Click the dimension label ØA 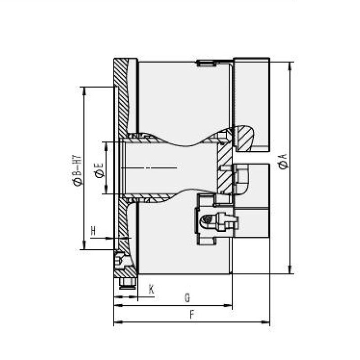pos(283,161)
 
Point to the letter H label pos(93,231)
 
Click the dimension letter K pos(152,289)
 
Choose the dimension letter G pos(188,298)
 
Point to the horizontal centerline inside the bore pos(148,168)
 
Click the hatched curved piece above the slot pos(244,137)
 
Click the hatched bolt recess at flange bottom pos(123,265)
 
